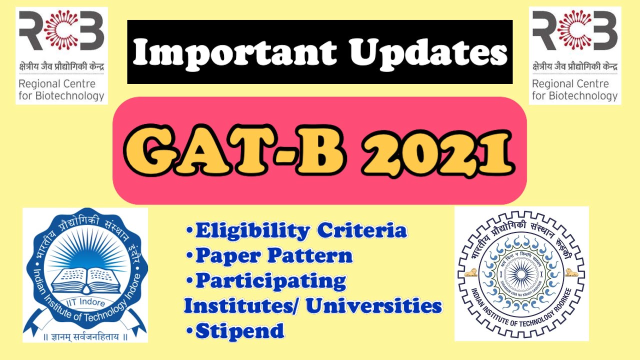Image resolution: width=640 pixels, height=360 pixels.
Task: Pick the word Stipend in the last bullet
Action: [239, 330]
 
